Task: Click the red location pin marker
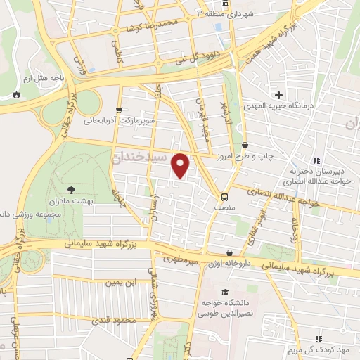181,165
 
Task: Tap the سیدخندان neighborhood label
141,156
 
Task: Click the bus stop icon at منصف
224,197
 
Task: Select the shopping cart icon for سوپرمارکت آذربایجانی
119,110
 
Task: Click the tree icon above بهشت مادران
71,189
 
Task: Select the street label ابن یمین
120,283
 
